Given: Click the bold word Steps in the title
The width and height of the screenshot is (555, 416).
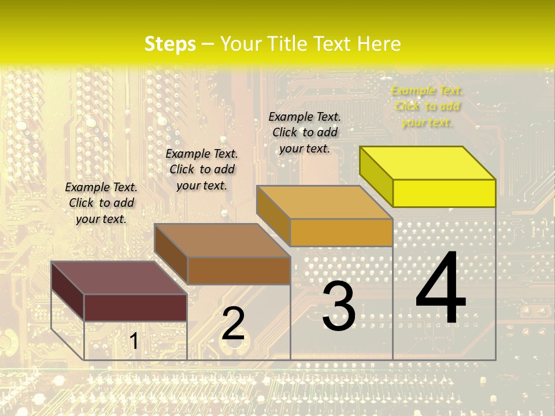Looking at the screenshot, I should point(170,44).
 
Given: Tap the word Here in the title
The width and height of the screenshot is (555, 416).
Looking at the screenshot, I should point(379,44).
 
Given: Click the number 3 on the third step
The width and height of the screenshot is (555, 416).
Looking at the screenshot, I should point(339,306).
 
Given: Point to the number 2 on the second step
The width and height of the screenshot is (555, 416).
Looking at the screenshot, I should point(234,324).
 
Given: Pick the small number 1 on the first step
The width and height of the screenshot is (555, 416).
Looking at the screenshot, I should point(134,341).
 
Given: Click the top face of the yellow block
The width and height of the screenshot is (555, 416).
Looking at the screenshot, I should point(427,162).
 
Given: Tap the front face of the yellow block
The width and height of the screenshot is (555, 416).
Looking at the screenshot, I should point(444,193).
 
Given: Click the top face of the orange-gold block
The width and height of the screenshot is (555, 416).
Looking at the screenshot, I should point(324,202).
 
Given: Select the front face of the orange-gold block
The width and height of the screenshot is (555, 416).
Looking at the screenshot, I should point(341,232).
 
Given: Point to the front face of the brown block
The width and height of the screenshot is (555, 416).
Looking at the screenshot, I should point(239,270).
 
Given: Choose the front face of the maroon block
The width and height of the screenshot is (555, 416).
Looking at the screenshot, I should point(135,307).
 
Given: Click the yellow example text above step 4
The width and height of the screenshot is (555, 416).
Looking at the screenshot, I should point(427,106).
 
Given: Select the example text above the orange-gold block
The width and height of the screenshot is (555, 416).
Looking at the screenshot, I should point(305,132).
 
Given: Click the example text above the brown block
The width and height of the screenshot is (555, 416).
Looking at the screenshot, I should point(202,169).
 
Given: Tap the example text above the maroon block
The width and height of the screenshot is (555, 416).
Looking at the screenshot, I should point(101,203).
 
